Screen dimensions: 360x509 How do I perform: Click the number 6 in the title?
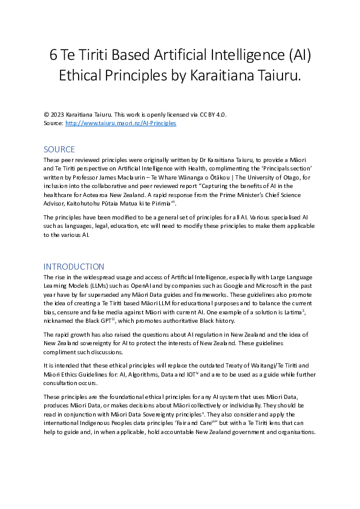tap(54, 56)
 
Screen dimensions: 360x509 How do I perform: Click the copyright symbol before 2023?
tap(46, 115)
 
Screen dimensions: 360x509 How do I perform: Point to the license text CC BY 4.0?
tap(214, 115)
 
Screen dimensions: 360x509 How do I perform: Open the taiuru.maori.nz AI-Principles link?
tap(120, 123)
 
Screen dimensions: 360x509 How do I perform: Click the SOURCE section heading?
tap(59, 149)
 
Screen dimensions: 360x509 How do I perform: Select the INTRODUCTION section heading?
tap(74, 267)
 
